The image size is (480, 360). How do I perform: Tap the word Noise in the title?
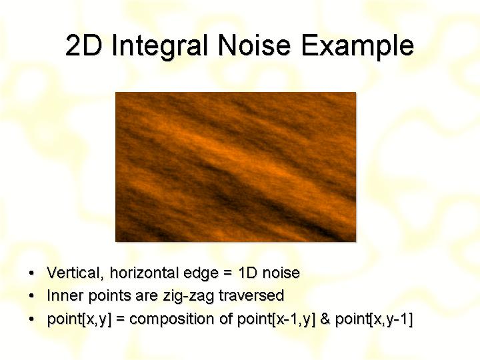point(254,45)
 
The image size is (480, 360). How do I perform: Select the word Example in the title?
point(357,47)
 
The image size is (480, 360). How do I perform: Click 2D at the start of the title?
point(83,45)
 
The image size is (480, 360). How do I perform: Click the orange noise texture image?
point(236,167)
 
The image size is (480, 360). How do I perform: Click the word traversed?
point(251,295)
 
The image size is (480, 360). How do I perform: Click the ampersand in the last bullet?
point(325,319)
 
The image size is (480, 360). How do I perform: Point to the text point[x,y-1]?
point(374,319)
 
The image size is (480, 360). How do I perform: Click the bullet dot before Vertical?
point(31,273)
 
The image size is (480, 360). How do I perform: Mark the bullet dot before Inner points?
point(31,296)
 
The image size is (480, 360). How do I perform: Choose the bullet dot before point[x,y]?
point(31,319)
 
